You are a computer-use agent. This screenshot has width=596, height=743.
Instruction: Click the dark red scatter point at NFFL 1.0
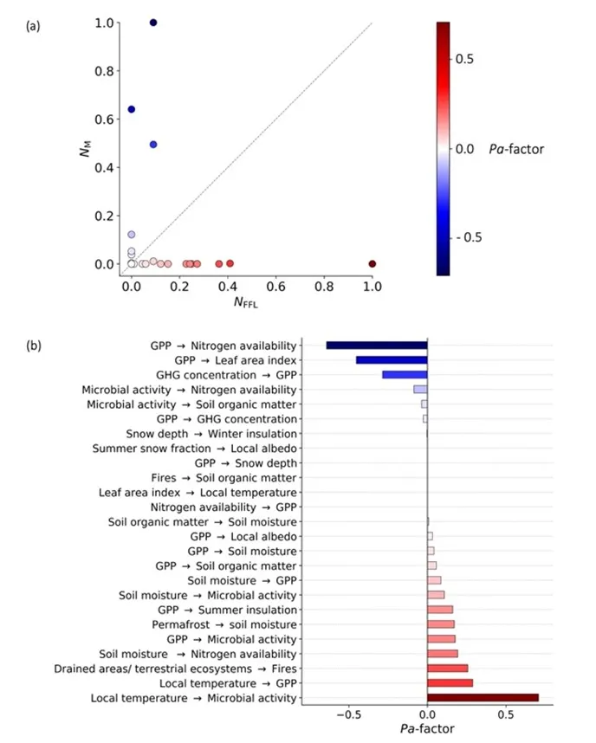coord(372,263)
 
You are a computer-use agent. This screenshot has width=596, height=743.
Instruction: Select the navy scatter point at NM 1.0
coord(153,23)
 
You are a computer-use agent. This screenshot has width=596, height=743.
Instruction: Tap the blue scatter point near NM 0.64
coord(132,109)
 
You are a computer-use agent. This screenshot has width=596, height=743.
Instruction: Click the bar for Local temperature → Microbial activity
coord(483,697)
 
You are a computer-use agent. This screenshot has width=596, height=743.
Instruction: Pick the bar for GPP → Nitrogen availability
coord(377,346)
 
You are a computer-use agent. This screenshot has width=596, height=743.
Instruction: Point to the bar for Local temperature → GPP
coord(450,682)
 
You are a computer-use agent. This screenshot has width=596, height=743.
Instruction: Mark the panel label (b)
coord(34,345)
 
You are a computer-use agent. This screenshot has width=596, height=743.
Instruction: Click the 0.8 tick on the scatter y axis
coord(104,71)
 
